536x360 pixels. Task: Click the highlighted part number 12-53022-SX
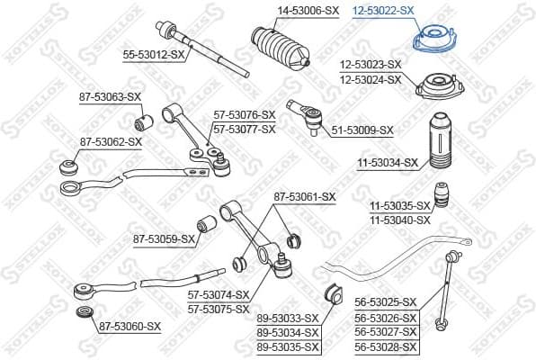point(383,11)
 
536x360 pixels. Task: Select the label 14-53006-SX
point(281,11)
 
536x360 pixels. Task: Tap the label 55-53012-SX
point(153,55)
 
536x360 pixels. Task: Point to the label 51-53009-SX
point(362,130)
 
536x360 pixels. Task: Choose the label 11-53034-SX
point(387,163)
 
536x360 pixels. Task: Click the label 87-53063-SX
point(110,96)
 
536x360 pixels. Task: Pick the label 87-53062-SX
point(110,141)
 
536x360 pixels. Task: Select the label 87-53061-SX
point(304,196)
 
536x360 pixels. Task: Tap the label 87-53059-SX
point(164,238)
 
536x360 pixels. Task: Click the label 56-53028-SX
point(386,346)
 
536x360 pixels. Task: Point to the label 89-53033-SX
point(288,318)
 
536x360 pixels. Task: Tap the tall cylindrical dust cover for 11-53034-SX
point(441,142)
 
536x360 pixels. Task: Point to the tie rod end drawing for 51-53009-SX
point(303,112)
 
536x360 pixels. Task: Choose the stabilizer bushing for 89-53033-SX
point(329,292)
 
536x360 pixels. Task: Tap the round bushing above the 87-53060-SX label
point(85,314)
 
